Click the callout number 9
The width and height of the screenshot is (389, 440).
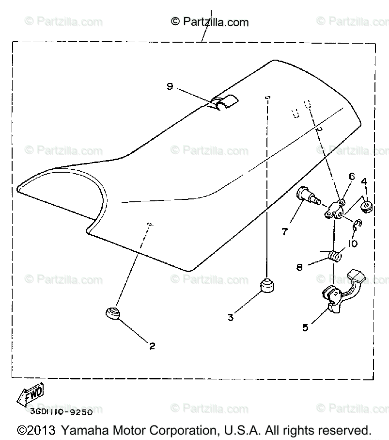tap(170, 86)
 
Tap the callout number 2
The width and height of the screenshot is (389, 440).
tap(152, 346)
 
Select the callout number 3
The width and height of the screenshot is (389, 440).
tap(231, 318)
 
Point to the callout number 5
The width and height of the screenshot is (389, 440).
tap(305, 327)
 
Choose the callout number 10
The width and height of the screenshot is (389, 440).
tap(352, 244)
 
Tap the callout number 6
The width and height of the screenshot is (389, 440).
tap(351, 177)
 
